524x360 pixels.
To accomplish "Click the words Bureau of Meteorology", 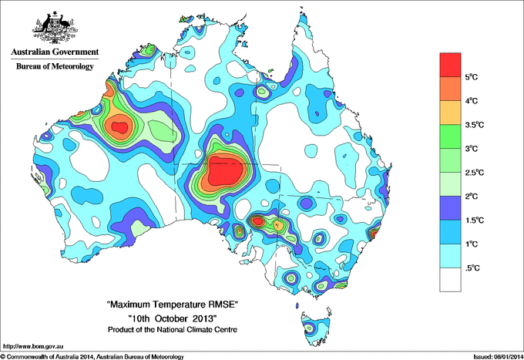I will (x=55, y=67).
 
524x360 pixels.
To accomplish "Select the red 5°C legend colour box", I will (x=451, y=65).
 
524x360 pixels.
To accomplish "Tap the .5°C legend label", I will (x=472, y=268).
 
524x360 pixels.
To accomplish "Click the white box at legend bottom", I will (x=451, y=279).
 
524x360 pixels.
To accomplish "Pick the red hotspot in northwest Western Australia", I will (x=119, y=126).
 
